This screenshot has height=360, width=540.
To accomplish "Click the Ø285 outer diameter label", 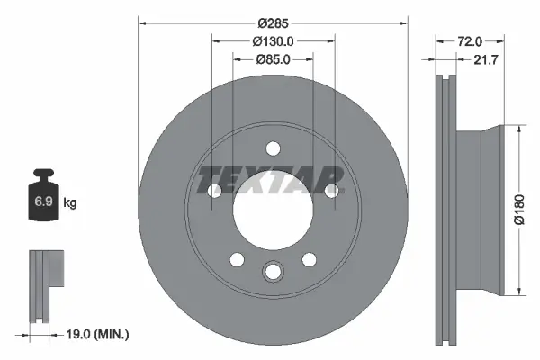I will coord(273,22).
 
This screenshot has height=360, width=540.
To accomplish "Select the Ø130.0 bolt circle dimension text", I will coord(274,41).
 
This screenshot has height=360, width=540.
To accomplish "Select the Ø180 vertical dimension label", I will coord(518,209).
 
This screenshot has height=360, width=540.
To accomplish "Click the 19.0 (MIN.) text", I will coord(100,334).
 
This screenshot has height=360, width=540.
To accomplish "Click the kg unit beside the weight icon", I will coord(70,203).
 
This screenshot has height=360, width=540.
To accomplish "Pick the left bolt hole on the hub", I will coord(214,191).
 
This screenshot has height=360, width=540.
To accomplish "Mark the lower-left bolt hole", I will coord(237,260).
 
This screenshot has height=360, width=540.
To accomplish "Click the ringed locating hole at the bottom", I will coord(273,272).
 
